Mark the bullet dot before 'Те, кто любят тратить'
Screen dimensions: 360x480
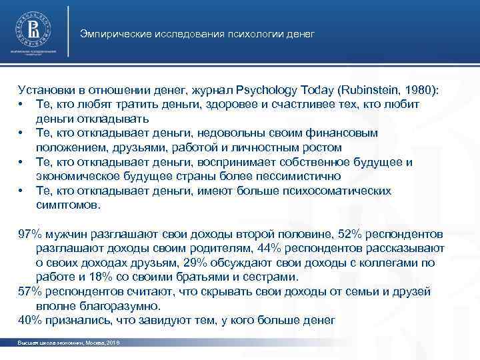pyautogui.click(x=22, y=105)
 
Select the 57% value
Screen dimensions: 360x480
pyautogui.click(x=29, y=292)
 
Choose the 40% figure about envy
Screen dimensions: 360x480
pyautogui.click(x=29, y=321)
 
